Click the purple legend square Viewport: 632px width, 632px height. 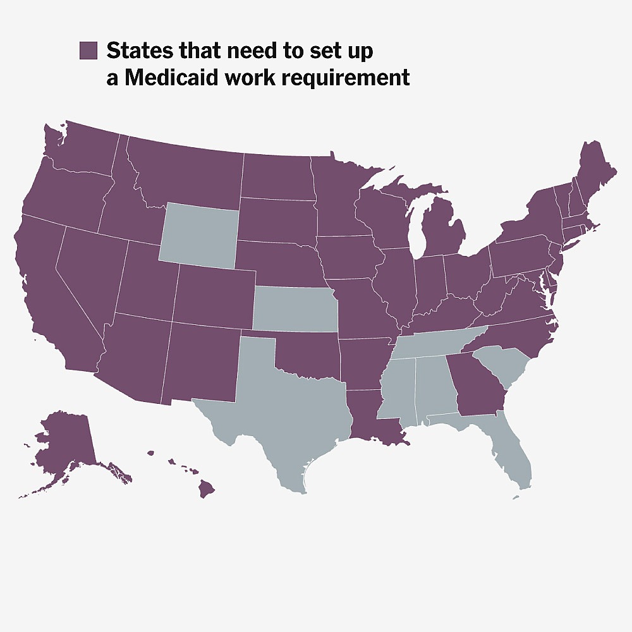(88, 51)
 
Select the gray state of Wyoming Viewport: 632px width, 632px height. (198, 233)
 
